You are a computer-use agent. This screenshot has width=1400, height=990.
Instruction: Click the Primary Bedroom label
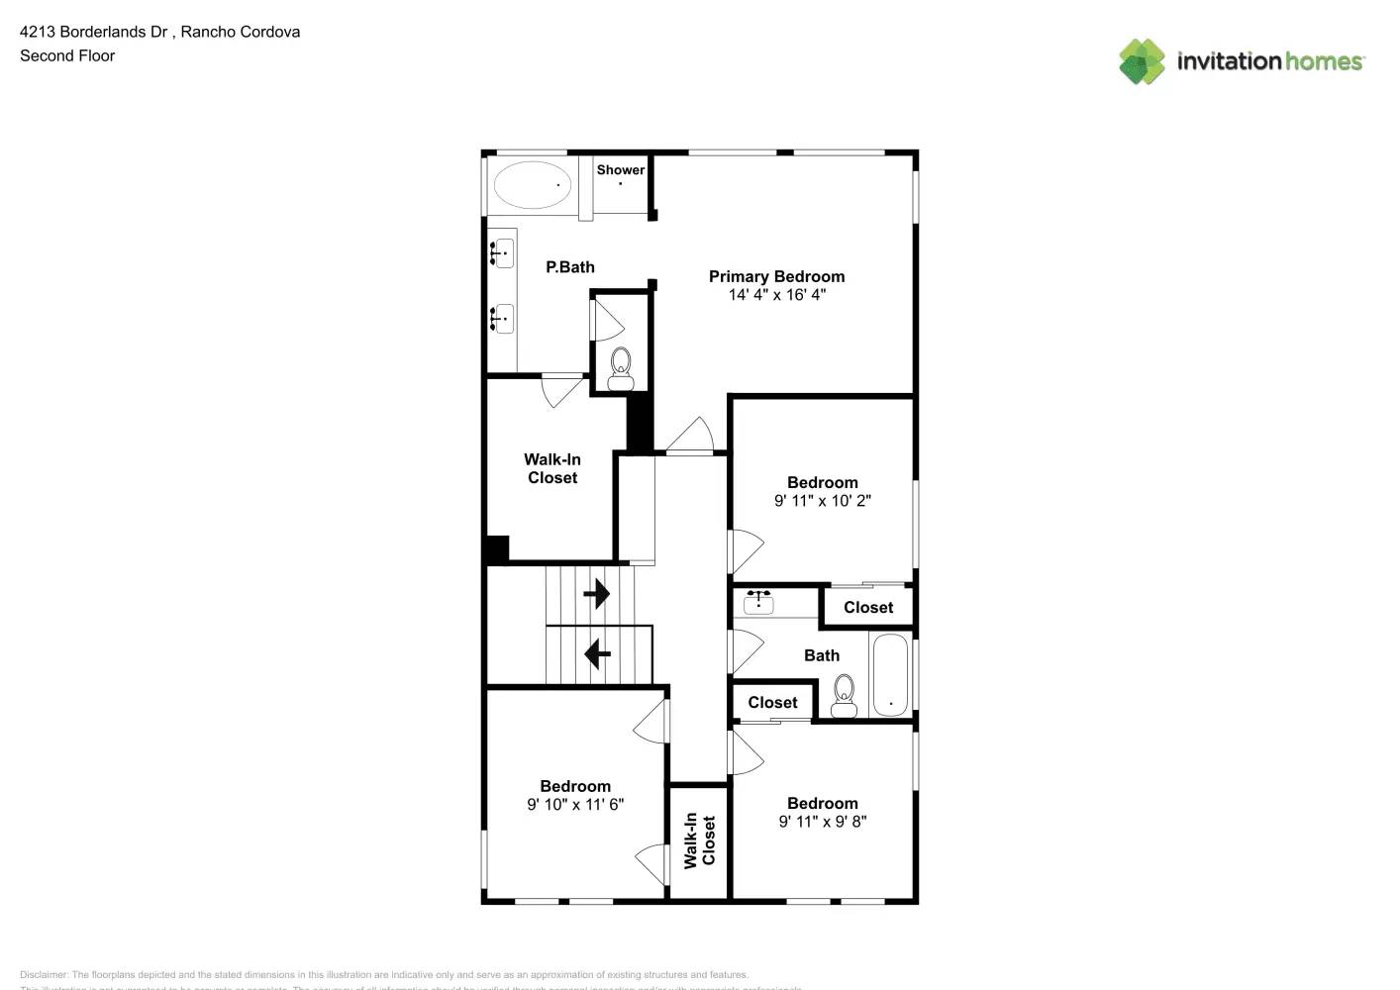pos(776,276)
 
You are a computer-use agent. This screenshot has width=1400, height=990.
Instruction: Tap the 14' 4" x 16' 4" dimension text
pos(776,295)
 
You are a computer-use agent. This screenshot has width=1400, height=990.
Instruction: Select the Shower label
pos(620,170)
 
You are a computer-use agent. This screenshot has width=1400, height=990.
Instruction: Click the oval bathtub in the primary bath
pos(532,185)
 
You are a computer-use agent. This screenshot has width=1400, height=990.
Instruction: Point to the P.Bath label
pos(570,267)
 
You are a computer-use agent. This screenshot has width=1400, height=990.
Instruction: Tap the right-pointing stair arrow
pos(596,594)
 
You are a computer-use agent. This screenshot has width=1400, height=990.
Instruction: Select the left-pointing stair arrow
pos(597,654)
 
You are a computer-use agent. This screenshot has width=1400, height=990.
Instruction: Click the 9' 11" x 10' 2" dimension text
pos(822,501)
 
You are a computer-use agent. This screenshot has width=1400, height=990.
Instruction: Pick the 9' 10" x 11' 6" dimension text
pos(575,805)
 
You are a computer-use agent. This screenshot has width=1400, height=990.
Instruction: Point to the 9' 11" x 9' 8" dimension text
pos(822,822)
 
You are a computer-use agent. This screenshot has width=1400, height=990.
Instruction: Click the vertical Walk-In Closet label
pos(699,841)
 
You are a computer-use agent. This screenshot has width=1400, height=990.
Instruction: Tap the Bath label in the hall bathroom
pos(821,655)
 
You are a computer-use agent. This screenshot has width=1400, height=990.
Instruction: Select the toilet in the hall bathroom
pos(844,696)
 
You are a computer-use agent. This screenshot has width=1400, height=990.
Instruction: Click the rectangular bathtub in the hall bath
pos(890,675)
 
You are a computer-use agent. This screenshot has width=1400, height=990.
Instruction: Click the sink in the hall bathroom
pos(758,601)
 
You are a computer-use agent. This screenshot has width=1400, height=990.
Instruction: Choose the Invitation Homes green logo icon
pos(1142,61)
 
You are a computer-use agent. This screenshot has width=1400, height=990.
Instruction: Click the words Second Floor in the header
pos(67,55)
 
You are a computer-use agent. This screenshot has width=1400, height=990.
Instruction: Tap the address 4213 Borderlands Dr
pos(94,32)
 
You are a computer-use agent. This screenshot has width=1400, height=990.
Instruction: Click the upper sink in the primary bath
pos(503,253)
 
